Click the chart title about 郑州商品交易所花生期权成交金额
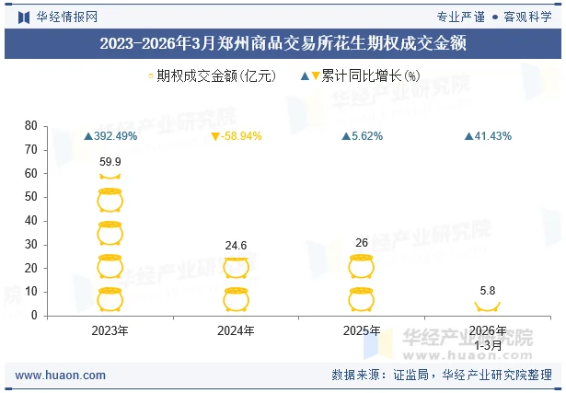point(283,44)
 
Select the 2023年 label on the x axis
point(110,330)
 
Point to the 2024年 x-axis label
point(237,330)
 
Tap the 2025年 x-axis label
point(362,330)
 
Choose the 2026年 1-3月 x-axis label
point(488,337)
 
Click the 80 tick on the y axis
point(31,126)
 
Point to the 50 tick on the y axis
point(31,197)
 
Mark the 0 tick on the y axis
point(34,316)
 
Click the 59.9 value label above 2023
point(110,162)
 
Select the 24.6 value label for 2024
point(237,246)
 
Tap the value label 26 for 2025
point(362,242)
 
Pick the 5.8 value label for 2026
point(488,290)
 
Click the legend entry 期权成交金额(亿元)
point(212,76)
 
